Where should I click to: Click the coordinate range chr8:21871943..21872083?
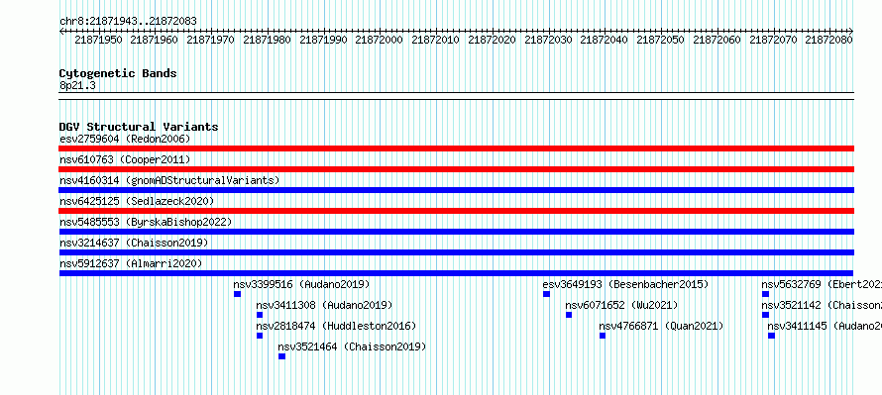pyautogui.click(x=128, y=22)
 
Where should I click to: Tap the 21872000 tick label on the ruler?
pyautogui.click(x=380, y=40)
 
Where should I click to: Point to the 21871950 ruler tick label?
pyautogui.click(x=98, y=40)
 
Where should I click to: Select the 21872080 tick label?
pyautogui.click(x=829, y=40)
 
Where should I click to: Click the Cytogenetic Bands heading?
pyautogui.click(x=118, y=73)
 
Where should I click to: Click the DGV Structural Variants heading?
pyautogui.click(x=139, y=127)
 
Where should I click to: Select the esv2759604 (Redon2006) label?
pyautogui.click(x=125, y=139)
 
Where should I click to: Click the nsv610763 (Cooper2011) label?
pyautogui.click(x=125, y=159)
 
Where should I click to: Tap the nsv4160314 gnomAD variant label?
pyautogui.click(x=169, y=180)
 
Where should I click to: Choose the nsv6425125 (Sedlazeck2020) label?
pyautogui.click(x=137, y=201)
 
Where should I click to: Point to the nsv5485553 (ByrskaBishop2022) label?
pyautogui.click(x=146, y=222)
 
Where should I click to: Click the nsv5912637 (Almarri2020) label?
pyautogui.click(x=131, y=263)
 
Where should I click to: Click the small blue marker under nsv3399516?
pyautogui.click(x=238, y=294)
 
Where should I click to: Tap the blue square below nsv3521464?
pyautogui.click(x=281, y=356)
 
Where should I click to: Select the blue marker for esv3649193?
pyautogui.click(x=546, y=294)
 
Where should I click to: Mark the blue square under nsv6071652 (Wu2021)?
pyautogui.click(x=569, y=315)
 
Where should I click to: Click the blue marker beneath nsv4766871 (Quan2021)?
pyautogui.click(x=603, y=336)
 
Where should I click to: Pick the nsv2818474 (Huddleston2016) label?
pyautogui.click(x=336, y=326)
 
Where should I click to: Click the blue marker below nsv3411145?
pyautogui.click(x=771, y=336)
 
